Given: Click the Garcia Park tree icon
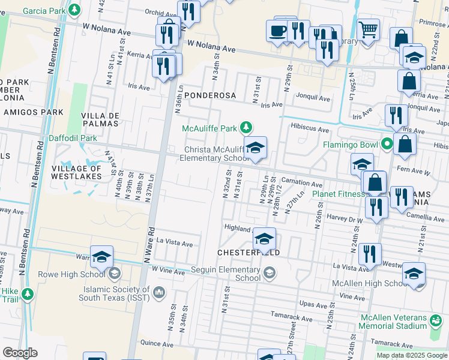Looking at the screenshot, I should point(74,10).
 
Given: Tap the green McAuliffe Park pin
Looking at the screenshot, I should point(246,127).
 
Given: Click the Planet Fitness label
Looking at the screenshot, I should point(338,194).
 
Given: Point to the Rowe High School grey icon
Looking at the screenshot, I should point(114,274).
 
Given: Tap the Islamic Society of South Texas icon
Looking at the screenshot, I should point(159,292).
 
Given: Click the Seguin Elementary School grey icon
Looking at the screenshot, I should point(270,274).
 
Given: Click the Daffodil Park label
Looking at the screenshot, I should point(76,138).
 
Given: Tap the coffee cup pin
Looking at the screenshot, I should point(278,30).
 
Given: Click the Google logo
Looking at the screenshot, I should point(20,353).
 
